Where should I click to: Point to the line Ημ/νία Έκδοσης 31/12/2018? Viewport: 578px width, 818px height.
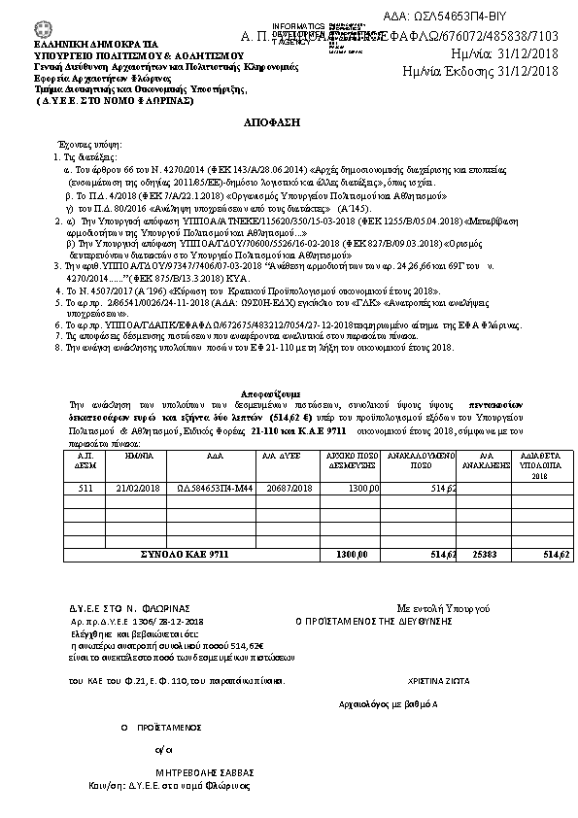[x=481, y=71]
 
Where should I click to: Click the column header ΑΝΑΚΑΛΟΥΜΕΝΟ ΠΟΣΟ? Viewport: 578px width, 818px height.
[x=417, y=459]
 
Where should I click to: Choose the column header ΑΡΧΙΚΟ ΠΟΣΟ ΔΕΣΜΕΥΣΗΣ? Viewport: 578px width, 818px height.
[x=350, y=459]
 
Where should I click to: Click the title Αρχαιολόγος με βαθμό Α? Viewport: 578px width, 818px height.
[x=388, y=702]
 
